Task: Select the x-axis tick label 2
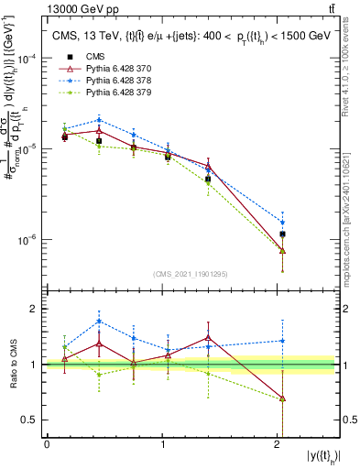pos(278,444)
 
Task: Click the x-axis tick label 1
pos(162,444)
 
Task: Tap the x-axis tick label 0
pos(47,444)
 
